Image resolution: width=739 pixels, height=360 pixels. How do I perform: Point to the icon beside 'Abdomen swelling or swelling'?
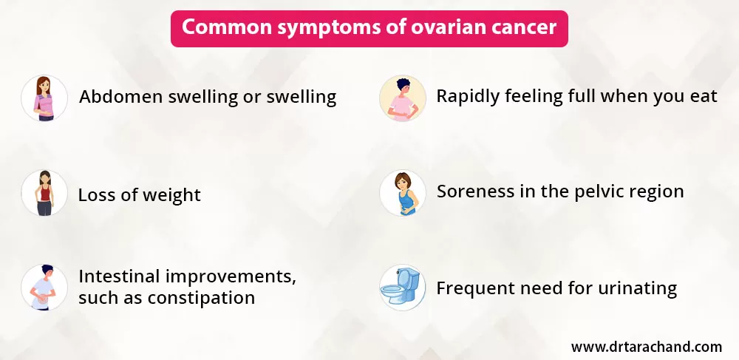tap(44, 98)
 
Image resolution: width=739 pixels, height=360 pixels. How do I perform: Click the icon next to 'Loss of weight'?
tap(44, 193)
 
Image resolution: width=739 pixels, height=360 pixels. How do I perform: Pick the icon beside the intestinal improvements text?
tap(44, 288)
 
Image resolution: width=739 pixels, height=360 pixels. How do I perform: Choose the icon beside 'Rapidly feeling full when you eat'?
tap(402, 98)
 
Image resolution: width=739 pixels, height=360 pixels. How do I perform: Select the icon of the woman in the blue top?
tap(402, 193)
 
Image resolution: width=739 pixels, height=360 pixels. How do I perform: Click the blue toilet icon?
tap(402, 288)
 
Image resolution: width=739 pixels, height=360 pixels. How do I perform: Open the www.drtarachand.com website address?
tap(646, 347)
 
